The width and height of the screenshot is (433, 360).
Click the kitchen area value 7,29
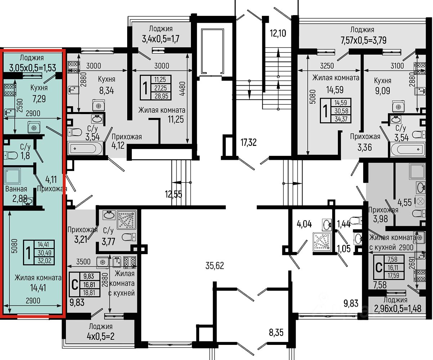(39, 99)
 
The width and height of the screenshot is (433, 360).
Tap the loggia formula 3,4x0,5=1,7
(161, 39)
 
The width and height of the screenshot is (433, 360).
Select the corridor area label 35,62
(215, 266)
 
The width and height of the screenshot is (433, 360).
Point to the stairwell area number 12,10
(278, 33)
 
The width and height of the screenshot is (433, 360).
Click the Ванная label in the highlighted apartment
(16, 189)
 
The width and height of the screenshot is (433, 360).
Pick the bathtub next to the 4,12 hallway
(85, 148)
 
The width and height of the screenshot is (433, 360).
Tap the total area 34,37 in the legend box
(341, 119)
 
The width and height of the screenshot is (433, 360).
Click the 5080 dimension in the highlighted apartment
(14, 246)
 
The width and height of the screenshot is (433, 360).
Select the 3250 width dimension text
(327, 66)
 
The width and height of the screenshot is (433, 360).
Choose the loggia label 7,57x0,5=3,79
(363, 40)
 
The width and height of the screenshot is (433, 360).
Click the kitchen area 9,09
(383, 91)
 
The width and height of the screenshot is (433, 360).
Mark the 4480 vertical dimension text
(183, 89)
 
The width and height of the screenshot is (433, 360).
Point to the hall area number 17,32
(249, 143)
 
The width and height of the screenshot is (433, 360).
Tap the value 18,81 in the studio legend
(89, 293)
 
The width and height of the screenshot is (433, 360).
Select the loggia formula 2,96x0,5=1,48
(398, 309)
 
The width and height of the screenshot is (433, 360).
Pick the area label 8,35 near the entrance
(276, 332)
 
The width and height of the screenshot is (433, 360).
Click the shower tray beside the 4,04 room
(322, 241)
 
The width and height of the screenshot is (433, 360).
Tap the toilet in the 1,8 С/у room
(11, 155)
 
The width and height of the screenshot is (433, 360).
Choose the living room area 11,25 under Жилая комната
(176, 120)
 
